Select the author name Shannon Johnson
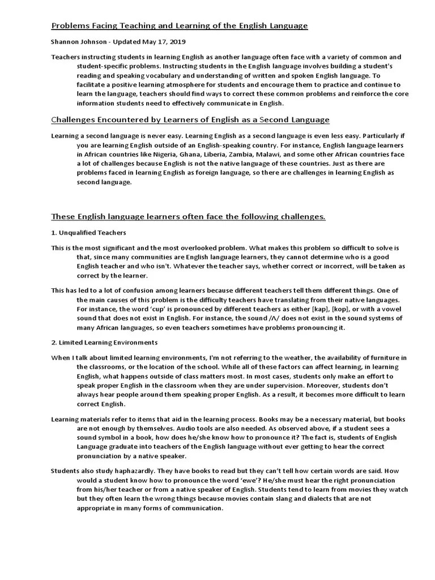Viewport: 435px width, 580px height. point(78,42)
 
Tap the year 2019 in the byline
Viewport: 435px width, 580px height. point(176,42)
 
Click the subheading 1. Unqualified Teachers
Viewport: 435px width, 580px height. point(88,233)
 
